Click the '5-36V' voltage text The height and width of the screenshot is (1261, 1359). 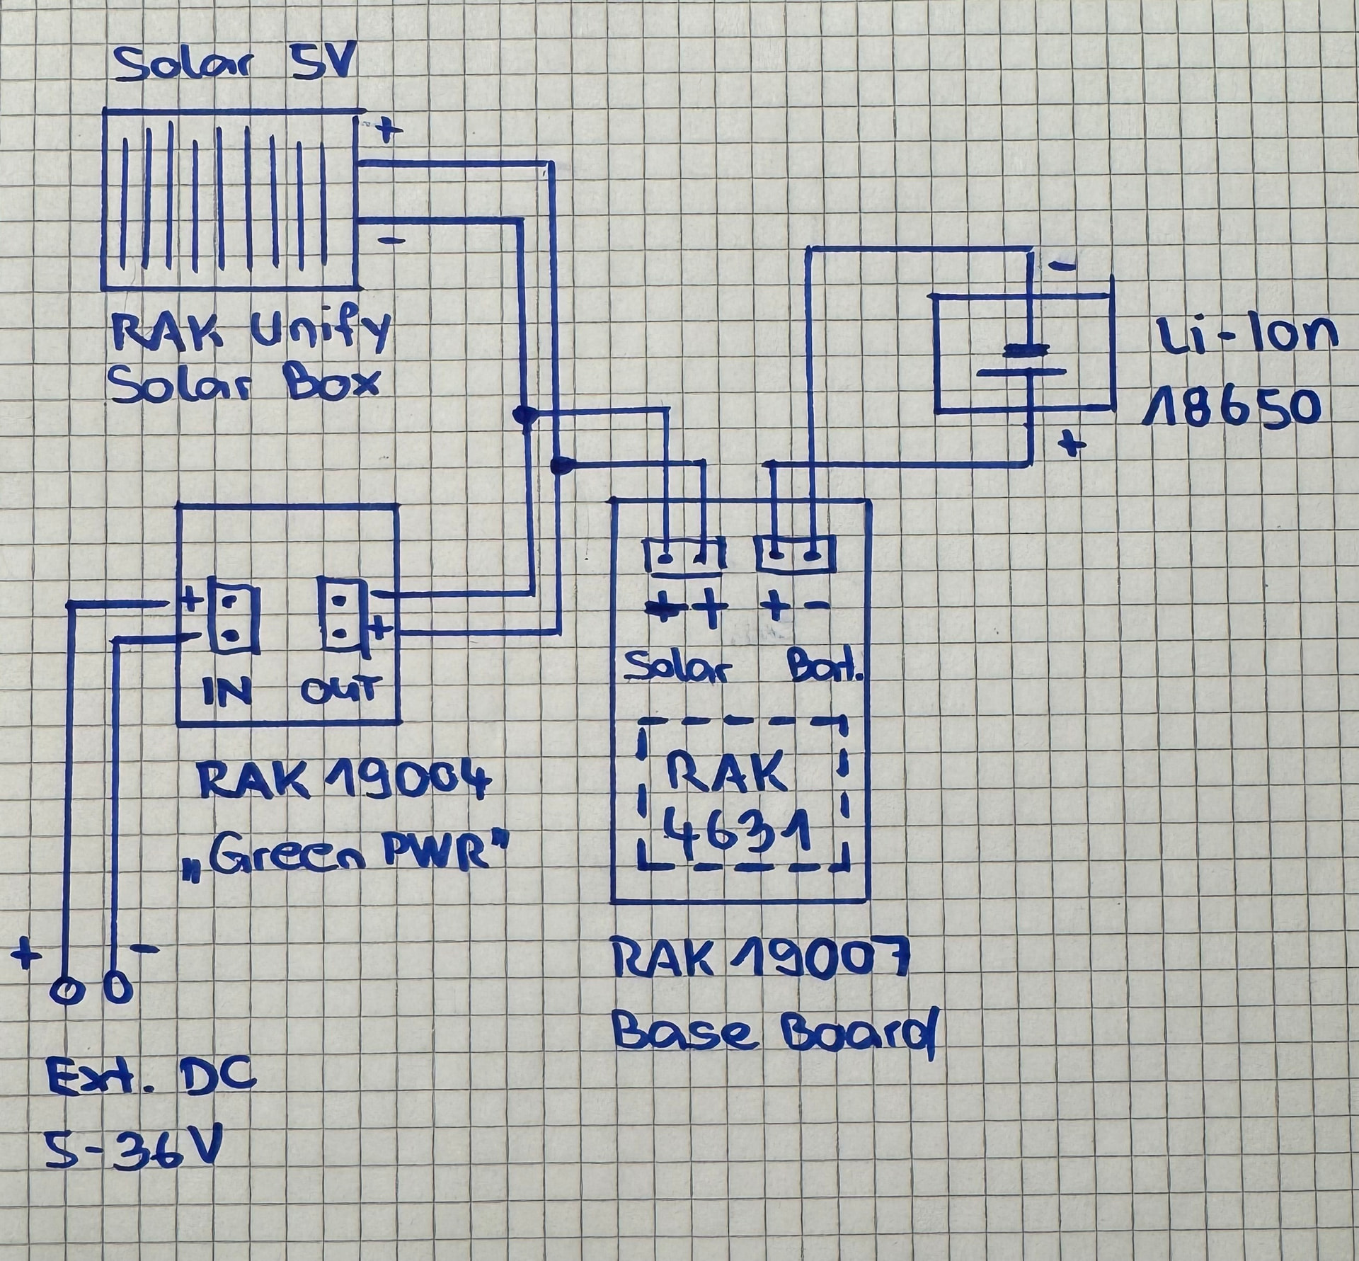(x=132, y=1151)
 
